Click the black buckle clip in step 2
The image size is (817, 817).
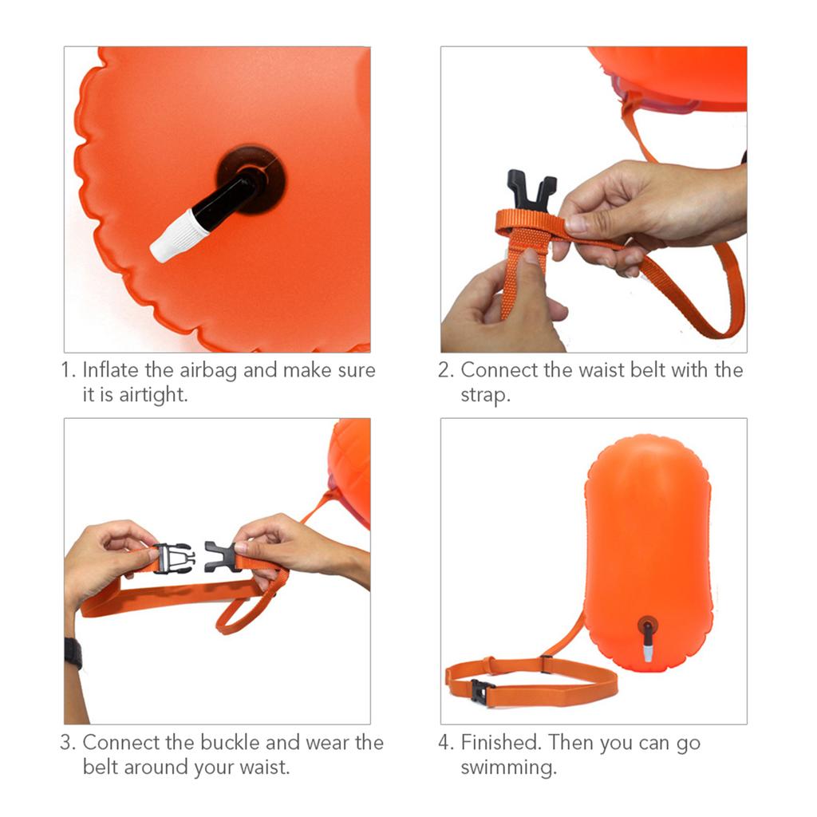click(x=531, y=190)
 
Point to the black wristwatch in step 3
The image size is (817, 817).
click(x=73, y=653)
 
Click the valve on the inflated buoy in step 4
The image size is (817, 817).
click(x=647, y=637)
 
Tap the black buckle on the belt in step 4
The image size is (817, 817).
click(x=479, y=691)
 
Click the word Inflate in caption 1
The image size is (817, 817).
click(x=109, y=371)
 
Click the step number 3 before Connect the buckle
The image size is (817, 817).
click(x=66, y=743)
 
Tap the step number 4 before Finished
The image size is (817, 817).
click(x=444, y=743)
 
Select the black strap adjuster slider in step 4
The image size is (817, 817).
click(x=546, y=662)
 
